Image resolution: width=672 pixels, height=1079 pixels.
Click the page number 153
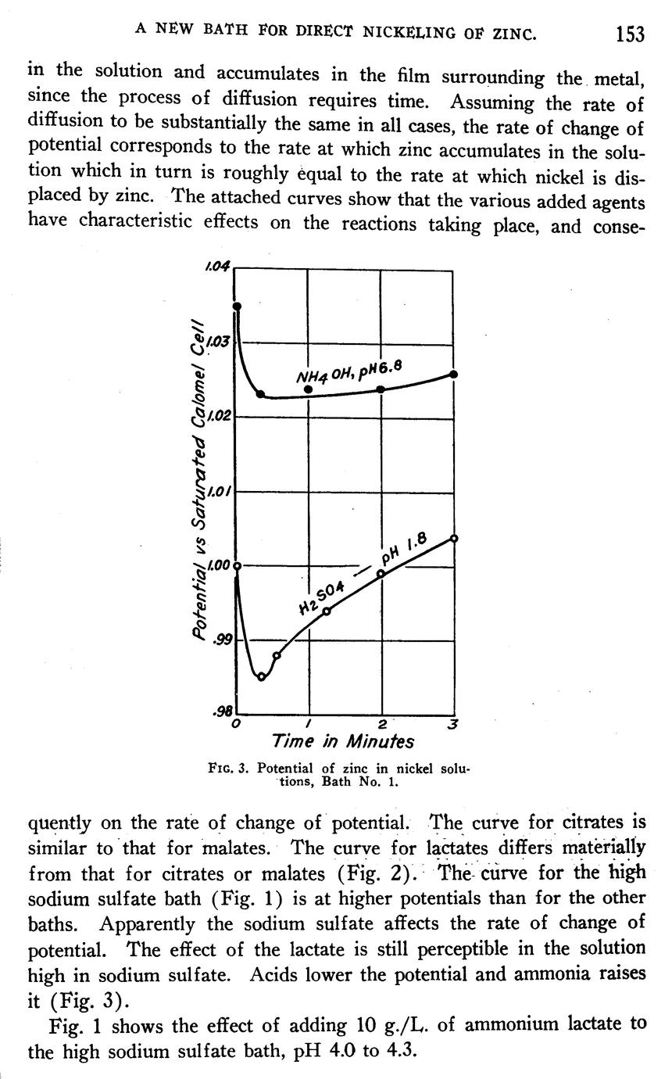coord(629,34)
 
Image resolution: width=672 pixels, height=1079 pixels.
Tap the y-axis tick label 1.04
coord(216,267)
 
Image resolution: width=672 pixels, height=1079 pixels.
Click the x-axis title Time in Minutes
coord(342,740)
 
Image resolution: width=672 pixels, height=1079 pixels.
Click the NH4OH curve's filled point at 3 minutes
coord(454,375)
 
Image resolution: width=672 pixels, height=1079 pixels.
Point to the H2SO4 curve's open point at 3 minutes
coord(454,538)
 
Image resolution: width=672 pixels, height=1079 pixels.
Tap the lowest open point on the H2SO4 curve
coord(262,677)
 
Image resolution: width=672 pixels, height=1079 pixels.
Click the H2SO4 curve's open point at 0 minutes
coord(236,565)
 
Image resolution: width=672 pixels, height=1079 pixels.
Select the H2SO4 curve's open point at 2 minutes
coord(381,573)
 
